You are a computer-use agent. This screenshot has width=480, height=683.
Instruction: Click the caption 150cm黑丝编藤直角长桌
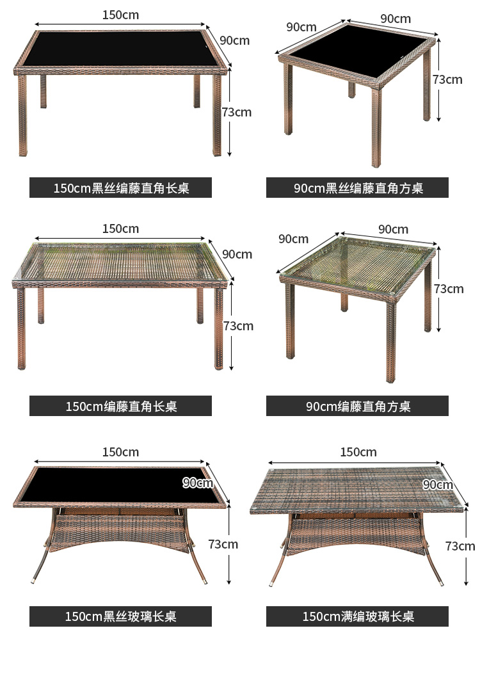(120, 188)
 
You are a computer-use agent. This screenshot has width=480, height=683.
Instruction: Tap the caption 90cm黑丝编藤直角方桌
(358, 188)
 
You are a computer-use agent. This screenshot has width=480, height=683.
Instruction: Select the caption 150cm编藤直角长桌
(120, 406)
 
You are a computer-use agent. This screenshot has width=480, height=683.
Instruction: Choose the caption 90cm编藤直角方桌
(358, 406)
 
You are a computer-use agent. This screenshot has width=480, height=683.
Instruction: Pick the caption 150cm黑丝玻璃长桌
(120, 616)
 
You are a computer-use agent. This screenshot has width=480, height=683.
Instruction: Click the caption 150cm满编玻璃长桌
(358, 616)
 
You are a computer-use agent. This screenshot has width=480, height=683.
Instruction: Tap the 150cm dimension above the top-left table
(120, 15)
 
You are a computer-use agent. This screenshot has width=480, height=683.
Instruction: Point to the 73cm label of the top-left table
(237, 112)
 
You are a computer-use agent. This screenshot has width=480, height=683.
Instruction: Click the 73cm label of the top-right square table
(447, 79)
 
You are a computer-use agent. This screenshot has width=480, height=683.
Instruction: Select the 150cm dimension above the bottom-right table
(358, 452)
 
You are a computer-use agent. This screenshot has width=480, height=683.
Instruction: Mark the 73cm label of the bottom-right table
(460, 546)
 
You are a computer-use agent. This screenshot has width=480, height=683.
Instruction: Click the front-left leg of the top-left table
(23, 115)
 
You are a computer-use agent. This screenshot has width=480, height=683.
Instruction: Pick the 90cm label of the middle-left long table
(237, 254)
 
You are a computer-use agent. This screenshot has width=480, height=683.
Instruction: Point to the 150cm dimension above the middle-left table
(120, 229)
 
